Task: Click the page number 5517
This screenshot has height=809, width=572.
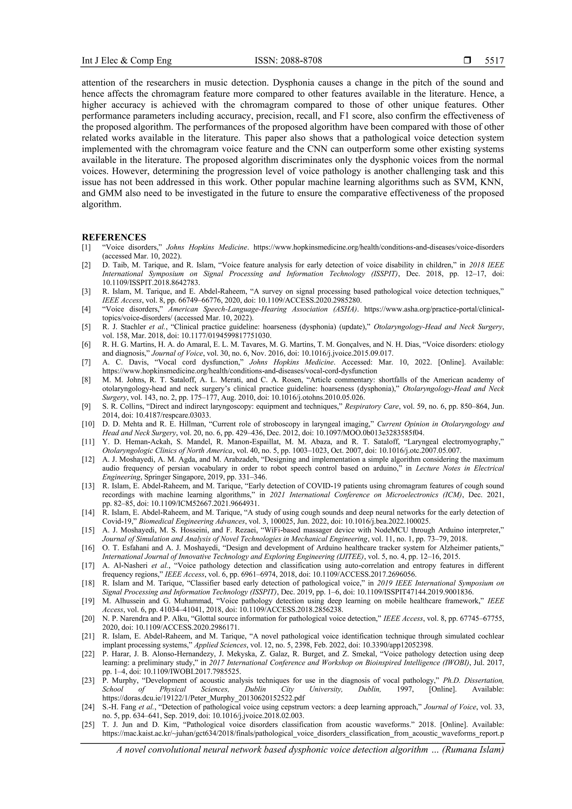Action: coord(494,61)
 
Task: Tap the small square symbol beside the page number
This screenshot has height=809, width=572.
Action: coord(467,61)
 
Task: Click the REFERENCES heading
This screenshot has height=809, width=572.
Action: coord(114,237)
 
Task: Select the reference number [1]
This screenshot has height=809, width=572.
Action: coord(86,247)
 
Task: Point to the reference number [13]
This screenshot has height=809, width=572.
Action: coord(88,486)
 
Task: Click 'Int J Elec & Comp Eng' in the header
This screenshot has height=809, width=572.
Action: coord(127,61)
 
